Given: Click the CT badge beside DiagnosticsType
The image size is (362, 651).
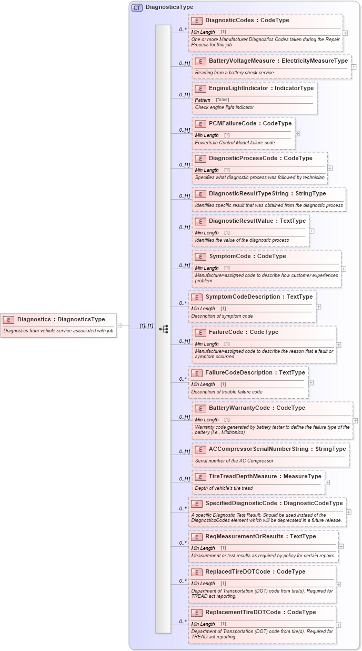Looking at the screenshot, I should [137, 7].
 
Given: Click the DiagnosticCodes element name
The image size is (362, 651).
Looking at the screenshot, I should [247, 21].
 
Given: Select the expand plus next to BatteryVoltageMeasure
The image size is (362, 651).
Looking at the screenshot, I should [354, 67].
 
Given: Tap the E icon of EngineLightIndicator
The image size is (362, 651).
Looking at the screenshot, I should [200, 88].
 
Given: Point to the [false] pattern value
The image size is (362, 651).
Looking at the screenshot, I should [222, 100].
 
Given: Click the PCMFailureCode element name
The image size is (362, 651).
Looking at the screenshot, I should [250, 124].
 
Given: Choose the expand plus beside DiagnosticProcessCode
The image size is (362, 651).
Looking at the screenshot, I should [330, 169].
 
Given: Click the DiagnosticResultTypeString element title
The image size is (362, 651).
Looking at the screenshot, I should [267, 194].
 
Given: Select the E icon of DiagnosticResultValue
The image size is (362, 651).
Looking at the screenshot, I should [200, 221].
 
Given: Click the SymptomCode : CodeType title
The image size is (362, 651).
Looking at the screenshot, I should [247, 257].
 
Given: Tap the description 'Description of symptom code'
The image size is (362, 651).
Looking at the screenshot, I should [222, 316].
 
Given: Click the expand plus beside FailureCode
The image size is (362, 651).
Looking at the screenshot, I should [338, 345].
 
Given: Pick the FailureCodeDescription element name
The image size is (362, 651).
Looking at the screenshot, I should [255, 373].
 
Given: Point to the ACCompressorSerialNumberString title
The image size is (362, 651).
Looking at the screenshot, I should [277, 449].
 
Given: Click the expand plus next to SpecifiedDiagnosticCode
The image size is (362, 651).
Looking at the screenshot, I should [349, 512].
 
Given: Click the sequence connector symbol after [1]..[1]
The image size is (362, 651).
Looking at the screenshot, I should [164, 329].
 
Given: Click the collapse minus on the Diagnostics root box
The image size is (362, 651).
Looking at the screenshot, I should [118, 325].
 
